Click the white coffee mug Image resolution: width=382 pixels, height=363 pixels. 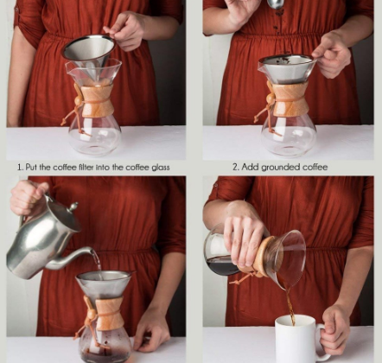click(296, 339)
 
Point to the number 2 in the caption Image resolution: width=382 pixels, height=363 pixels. click(235, 167)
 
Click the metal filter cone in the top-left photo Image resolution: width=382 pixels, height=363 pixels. click(87, 51)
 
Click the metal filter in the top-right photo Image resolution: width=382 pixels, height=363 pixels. click(287, 68)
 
